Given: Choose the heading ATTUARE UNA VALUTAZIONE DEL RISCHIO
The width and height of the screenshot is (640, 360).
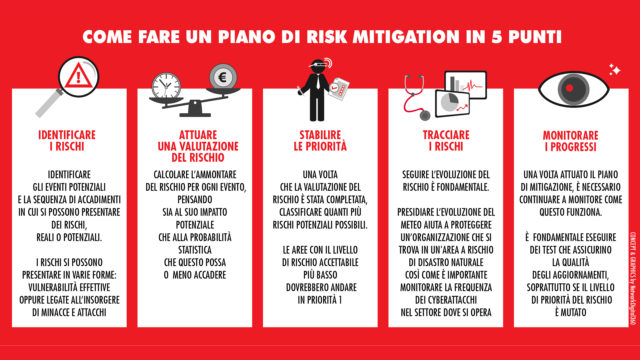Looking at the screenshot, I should [x=194, y=145].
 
